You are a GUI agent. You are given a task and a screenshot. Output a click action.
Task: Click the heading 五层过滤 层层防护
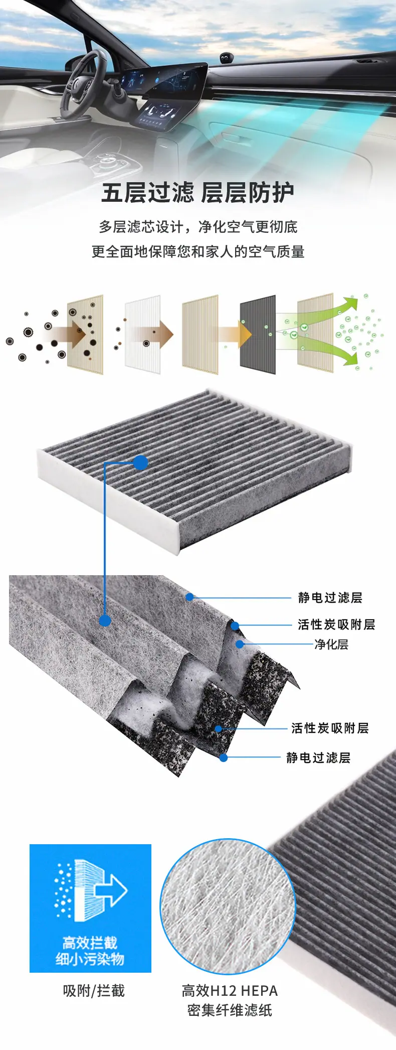point(197,193)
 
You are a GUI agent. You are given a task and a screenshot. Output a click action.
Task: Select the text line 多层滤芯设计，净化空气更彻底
point(198,227)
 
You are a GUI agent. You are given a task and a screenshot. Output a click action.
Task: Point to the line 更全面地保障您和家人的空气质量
point(198,251)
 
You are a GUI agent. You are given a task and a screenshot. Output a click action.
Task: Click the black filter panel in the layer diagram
point(258,334)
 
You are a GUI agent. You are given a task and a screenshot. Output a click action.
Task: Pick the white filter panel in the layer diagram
point(142,334)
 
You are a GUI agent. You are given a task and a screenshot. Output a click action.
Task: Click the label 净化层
point(331,644)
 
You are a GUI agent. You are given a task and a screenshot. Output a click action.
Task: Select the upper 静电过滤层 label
point(330,597)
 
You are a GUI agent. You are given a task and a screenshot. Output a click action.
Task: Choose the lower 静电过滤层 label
point(318,757)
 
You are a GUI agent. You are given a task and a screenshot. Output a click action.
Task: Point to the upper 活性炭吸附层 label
point(336,624)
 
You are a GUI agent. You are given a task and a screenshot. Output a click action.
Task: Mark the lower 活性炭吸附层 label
point(330,728)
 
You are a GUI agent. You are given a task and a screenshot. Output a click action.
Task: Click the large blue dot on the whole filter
point(141,462)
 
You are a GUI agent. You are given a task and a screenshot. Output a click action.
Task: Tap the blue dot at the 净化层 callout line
point(240,644)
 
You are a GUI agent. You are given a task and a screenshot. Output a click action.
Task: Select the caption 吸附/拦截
point(94,990)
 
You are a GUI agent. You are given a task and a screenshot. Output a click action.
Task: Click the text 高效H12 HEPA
point(230,990)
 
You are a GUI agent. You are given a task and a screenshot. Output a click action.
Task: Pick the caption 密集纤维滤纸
point(230,1010)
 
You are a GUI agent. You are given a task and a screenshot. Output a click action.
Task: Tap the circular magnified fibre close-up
point(228,906)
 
